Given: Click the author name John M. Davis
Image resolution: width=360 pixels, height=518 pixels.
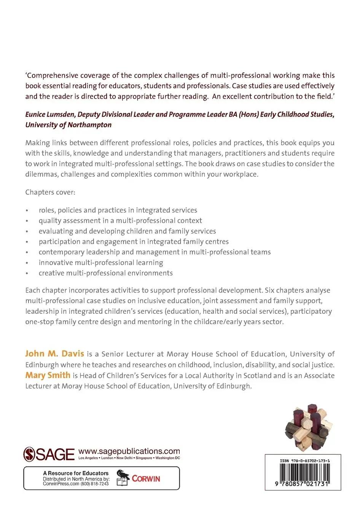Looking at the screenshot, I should point(54,353).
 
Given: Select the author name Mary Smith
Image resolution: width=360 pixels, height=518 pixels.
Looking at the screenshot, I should point(48,375).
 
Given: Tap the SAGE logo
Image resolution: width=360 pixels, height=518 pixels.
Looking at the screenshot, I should point(49,454).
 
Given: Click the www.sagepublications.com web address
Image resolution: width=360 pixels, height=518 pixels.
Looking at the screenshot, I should point(129,451).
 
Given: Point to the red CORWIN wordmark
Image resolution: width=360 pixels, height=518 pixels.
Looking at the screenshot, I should point(146,479).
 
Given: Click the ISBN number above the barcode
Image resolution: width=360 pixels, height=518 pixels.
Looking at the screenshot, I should point(304,460).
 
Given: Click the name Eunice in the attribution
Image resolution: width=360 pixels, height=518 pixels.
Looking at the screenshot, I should point(37,114).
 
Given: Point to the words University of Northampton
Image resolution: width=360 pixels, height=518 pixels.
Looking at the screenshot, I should point(68,125).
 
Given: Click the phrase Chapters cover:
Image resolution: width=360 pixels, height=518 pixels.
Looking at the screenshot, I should point(50,192).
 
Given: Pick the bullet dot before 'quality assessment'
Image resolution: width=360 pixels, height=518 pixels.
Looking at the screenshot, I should point(27,221).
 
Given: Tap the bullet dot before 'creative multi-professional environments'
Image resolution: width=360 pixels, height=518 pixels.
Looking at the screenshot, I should point(27,273).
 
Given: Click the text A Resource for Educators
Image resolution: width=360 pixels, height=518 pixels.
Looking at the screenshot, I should point(75,473).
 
